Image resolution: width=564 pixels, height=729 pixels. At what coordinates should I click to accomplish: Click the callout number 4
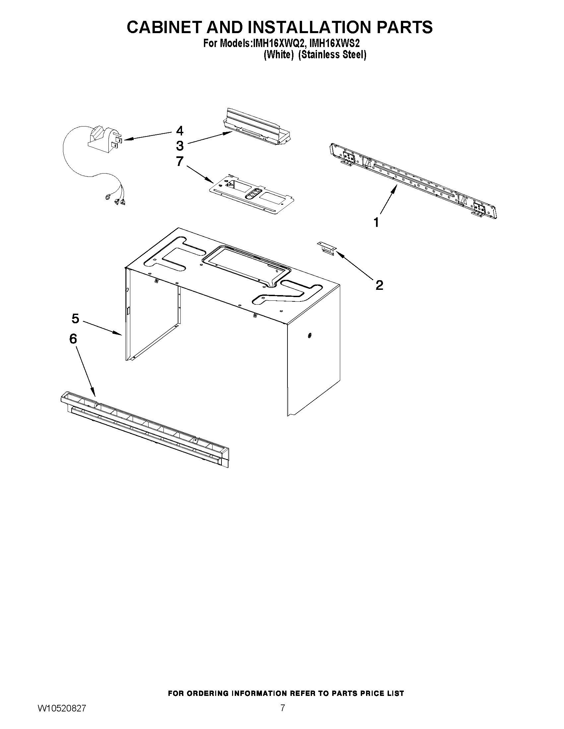[x=180, y=131]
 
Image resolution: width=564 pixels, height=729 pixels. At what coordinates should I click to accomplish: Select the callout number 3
[x=180, y=146]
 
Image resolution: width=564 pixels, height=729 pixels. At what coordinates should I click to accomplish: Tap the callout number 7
[x=180, y=162]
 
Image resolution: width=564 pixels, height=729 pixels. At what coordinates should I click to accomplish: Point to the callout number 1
[x=376, y=222]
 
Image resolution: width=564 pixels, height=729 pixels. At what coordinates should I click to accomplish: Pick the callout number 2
[x=379, y=285]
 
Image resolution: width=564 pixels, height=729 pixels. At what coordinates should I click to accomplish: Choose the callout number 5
[x=76, y=319]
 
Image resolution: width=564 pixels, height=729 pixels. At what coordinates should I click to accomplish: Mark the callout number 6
[x=73, y=339]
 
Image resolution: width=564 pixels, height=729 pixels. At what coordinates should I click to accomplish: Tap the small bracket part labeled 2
[x=327, y=248]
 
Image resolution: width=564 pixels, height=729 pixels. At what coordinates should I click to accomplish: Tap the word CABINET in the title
[x=164, y=27]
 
